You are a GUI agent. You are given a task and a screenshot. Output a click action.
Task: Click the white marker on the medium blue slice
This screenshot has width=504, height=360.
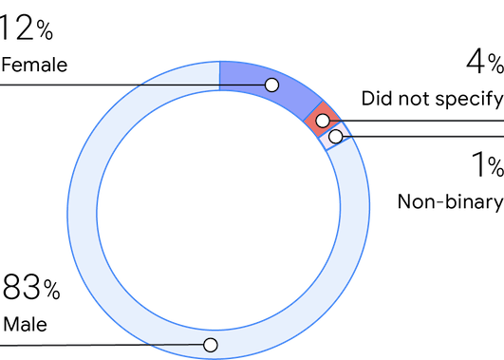pos(271,85)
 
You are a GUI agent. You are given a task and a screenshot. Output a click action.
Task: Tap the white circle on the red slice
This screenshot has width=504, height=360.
pos(323,121)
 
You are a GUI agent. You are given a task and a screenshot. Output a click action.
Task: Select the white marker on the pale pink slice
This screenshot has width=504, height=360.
pos(335,137)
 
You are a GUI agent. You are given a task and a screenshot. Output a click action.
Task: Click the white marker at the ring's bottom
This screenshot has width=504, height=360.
pos(211,345)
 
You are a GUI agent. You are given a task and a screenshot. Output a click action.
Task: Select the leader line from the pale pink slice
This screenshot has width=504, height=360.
pos(427,138)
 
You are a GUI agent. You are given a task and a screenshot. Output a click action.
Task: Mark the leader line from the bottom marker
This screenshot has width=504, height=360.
pos(95,345)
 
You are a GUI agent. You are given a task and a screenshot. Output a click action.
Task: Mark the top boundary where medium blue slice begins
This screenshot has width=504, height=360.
pos(219,76)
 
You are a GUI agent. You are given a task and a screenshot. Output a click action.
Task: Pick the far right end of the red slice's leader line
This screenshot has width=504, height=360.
pos(502,122)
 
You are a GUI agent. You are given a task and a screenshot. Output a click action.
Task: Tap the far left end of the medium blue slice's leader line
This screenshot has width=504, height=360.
pos(2,85)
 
